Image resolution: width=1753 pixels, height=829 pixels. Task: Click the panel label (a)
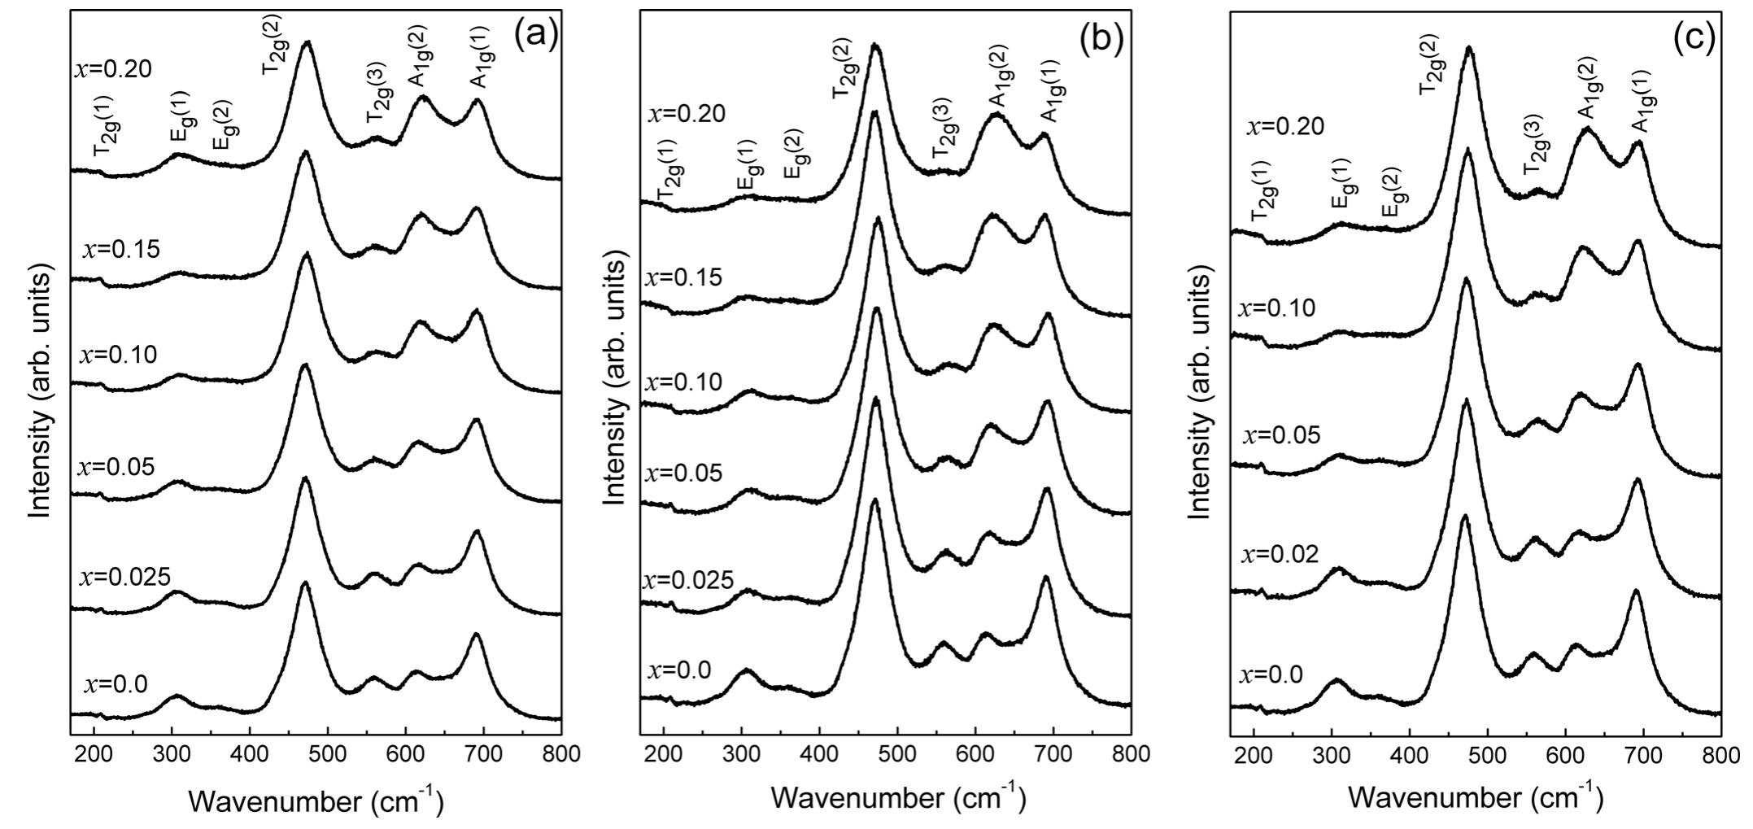pyautogui.click(x=535, y=35)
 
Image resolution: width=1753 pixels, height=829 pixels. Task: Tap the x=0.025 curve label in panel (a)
pyautogui.click(x=124, y=578)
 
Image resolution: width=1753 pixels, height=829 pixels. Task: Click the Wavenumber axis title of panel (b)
pyautogui.click(x=898, y=799)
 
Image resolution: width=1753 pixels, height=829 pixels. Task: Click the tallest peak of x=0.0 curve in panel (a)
pyautogui.click(x=305, y=583)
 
